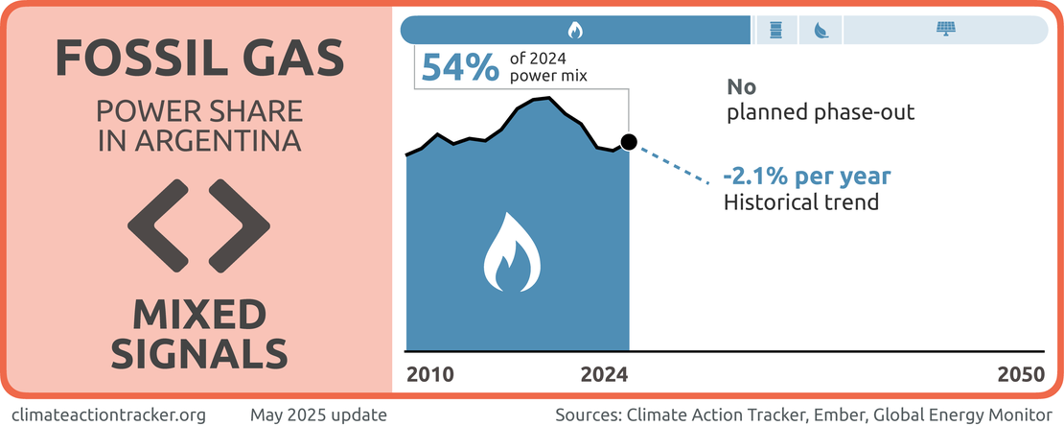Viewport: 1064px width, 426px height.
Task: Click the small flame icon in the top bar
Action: [x=575, y=30]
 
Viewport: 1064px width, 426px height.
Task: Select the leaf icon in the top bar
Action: [x=821, y=30]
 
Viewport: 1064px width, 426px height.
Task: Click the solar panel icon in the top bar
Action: [x=945, y=30]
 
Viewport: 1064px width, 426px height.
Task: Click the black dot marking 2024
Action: [x=628, y=143]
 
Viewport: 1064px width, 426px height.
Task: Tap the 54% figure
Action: [x=459, y=68]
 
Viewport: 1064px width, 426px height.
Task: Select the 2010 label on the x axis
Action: [x=429, y=374]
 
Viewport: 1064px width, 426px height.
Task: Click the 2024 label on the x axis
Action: [x=605, y=374]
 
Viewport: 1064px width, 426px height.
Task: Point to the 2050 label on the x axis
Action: [x=1021, y=374]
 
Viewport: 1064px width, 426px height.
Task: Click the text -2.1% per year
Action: [x=806, y=177]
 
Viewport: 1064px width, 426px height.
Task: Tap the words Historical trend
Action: [x=800, y=202]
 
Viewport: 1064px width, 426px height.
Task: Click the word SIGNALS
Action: [x=199, y=353]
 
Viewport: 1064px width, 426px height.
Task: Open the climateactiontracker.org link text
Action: [x=108, y=415]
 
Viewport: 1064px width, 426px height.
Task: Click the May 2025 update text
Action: [x=319, y=415]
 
